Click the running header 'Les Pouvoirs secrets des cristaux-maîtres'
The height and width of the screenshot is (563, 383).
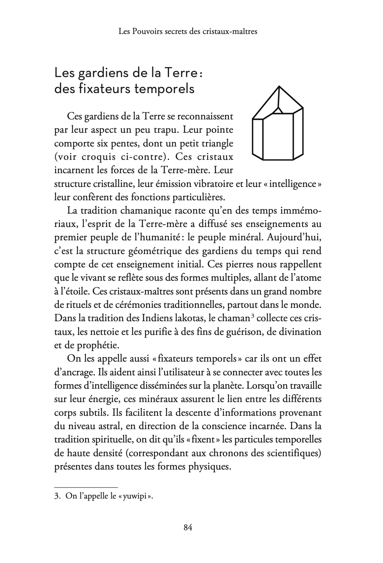[x=188, y=31]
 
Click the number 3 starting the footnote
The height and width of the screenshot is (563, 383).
[x=57, y=497]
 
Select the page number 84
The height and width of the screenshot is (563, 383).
[x=188, y=528]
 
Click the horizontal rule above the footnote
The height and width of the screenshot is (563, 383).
[x=86, y=487]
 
